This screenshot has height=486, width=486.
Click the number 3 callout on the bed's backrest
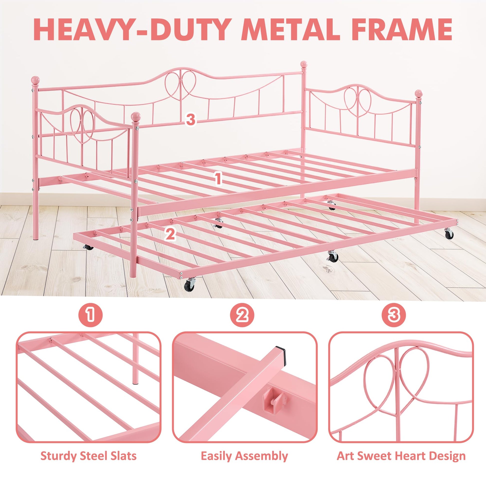click(190, 119)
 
